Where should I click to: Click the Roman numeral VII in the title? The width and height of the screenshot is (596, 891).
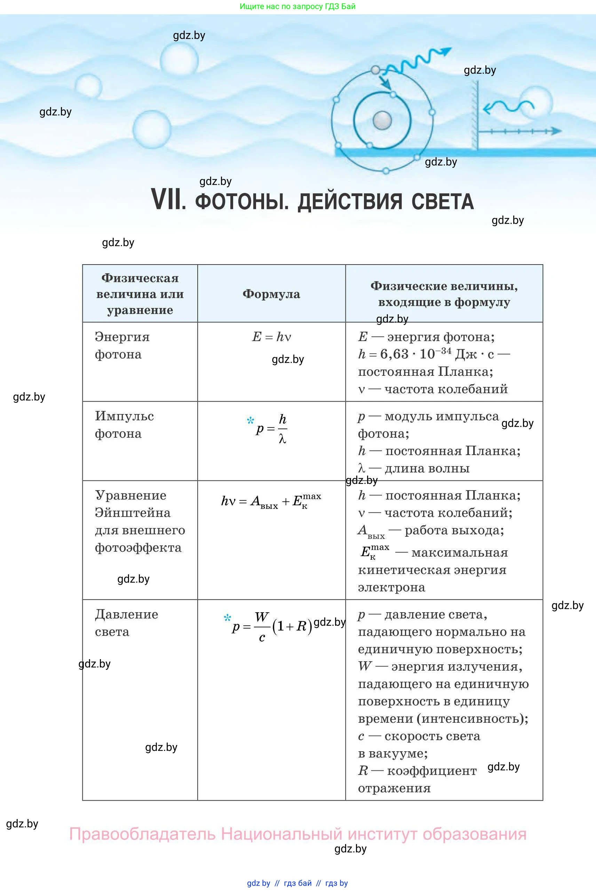(x=168, y=200)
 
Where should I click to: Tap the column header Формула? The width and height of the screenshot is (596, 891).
(x=271, y=294)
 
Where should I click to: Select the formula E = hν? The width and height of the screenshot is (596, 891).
(x=271, y=337)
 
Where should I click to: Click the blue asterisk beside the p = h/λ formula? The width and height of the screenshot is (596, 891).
(x=250, y=420)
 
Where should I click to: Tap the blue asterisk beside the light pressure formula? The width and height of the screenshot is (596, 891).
(x=227, y=618)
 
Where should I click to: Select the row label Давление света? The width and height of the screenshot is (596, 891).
(x=126, y=623)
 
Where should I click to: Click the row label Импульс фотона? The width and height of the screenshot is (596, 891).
(x=124, y=424)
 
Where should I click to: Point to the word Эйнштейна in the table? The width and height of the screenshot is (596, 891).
(x=133, y=513)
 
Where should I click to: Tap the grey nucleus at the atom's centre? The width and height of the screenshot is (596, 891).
(x=382, y=120)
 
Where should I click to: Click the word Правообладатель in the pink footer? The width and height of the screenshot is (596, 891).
(x=142, y=834)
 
